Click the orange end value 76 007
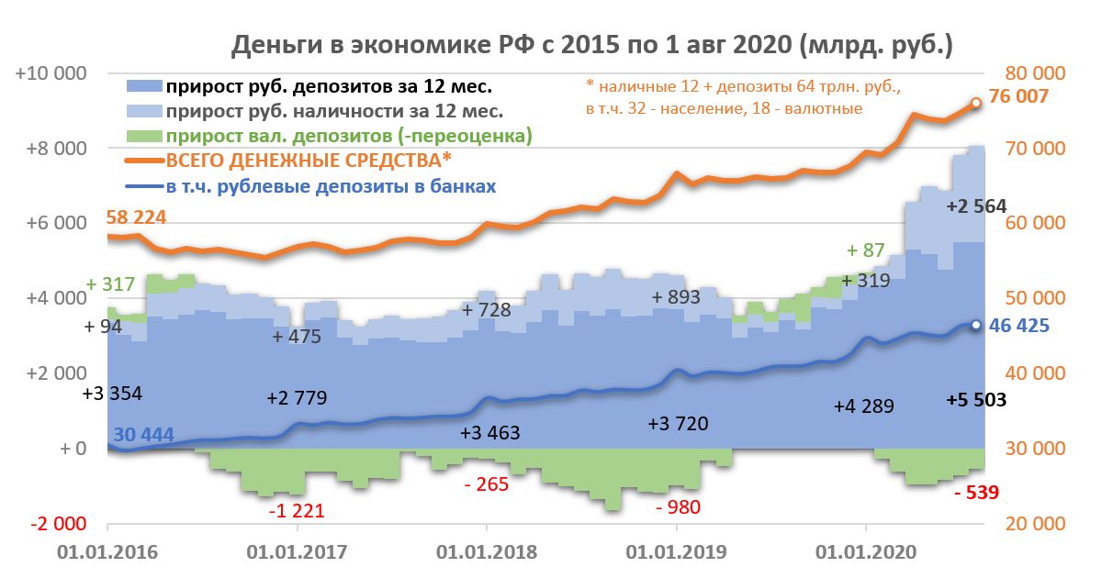pyautogui.click(x=1019, y=97)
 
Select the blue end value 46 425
pyautogui.click(x=1019, y=326)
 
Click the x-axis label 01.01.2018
pyautogui.click(x=486, y=552)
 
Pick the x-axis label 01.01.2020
pyautogui.click(x=865, y=552)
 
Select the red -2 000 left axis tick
pyautogui.click(x=57, y=524)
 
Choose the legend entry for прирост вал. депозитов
pyautogui.click(x=349, y=137)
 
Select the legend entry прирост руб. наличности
pyautogui.click(x=334, y=112)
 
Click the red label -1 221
pyautogui.click(x=296, y=510)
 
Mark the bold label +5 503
pyautogui.click(x=976, y=400)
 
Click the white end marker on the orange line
pyautogui.click(x=975, y=103)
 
